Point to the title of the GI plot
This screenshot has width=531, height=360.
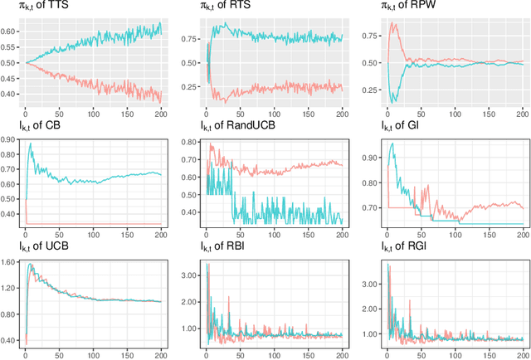click(393, 126)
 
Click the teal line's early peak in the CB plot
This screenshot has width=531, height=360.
click(31, 144)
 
